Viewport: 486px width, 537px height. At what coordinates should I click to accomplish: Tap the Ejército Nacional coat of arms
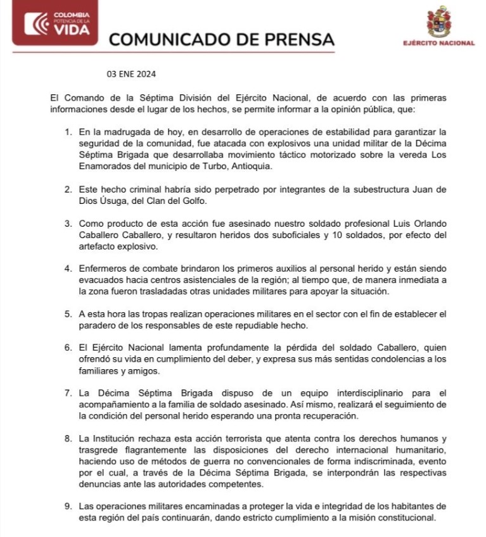438,22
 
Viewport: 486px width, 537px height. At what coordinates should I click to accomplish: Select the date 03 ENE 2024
131,74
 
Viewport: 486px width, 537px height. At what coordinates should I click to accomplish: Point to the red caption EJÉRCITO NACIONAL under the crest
438,43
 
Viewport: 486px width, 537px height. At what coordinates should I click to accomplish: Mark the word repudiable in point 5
252,325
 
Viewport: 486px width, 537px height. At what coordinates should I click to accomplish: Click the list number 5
69,314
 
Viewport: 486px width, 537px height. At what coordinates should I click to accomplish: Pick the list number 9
69,507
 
